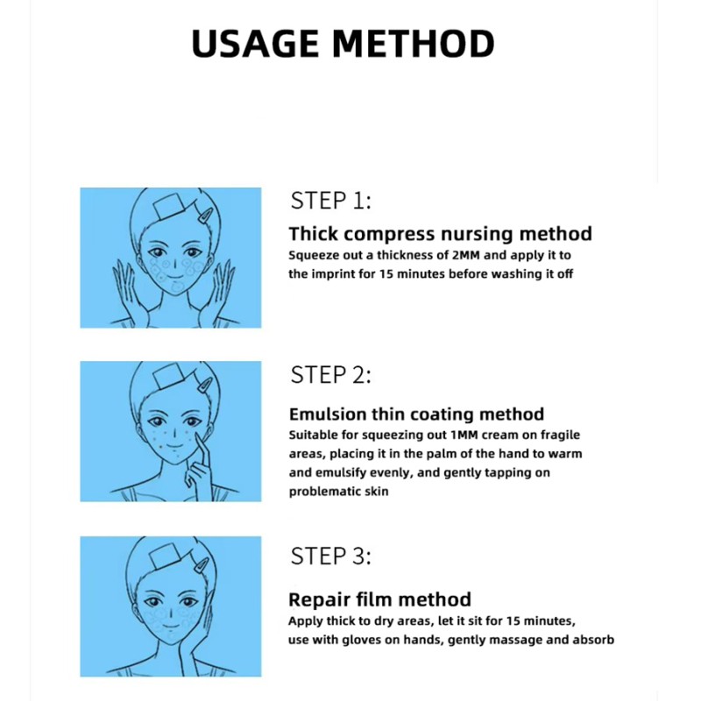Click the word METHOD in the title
coord(413,43)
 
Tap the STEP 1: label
coord(331,201)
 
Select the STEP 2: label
coord(331,375)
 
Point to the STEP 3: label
coord(331,556)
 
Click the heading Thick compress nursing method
coord(441,234)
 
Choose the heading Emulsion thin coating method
coord(416,414)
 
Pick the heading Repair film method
coord(380,599)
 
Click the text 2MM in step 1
coord(466,255)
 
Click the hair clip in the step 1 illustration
coord(205,215)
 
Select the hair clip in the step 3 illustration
coord(202,564)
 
